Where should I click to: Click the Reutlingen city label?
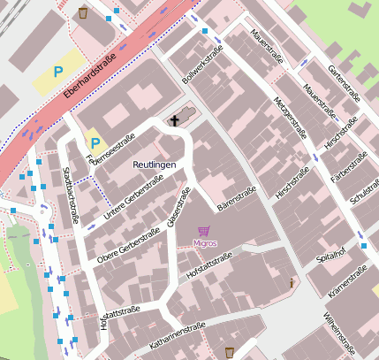[x=155, y=165]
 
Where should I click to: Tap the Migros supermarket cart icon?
[x=204, y=231]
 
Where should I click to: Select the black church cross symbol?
[x=175, y=121]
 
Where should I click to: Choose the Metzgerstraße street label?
[x=290, y=118]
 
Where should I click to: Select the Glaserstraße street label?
[x=178, y=210]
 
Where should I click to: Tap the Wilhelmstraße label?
[x=339, y=330]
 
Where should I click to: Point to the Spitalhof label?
[x=330, y=257]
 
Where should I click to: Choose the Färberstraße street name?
[x=349, y=166]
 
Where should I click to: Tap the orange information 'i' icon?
[x=292, y=283]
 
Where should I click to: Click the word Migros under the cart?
[x=204, y=242]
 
